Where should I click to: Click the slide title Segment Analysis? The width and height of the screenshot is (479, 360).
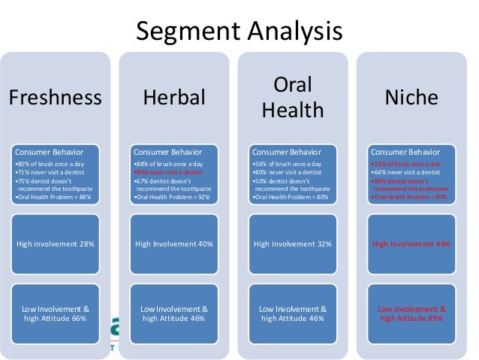(238, 32)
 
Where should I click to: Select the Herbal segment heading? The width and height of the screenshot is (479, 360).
(175, 98)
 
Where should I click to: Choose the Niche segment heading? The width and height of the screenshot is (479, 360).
(411, 98)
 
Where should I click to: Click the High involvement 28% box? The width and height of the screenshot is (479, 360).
(55, 245)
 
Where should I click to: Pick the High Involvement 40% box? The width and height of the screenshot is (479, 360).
(174, 245)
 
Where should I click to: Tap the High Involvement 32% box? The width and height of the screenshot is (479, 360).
(293, 245)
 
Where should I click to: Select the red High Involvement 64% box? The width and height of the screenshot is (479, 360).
(411, 245)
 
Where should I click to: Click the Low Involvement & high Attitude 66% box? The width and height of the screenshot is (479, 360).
(55, 313)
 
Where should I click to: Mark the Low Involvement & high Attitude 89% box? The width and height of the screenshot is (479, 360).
(411, 313)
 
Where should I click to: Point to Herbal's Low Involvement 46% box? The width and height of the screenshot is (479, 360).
(174, 313)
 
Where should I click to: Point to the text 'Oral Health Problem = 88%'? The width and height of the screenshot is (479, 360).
(53, 198)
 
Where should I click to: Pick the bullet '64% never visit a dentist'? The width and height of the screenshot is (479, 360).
(405, 172)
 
